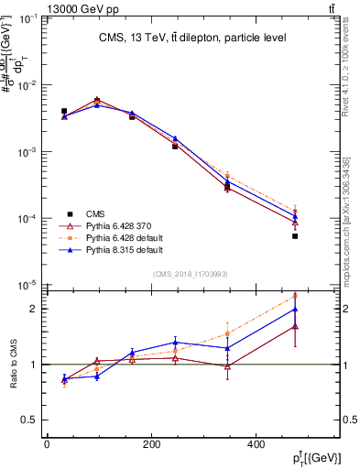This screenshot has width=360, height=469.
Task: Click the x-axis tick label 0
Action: [47, 445]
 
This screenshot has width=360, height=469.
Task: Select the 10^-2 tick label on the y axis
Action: [28, 85]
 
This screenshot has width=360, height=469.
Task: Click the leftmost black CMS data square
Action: [64, 111]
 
